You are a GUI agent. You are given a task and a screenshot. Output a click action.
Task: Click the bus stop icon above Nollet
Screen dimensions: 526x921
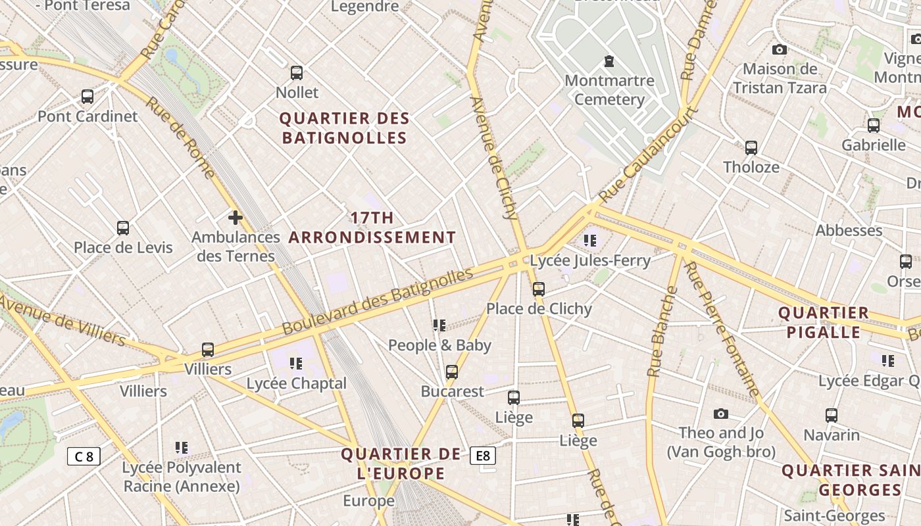coord(297,72)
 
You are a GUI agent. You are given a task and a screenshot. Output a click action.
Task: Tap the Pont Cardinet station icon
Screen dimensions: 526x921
coord(87,97)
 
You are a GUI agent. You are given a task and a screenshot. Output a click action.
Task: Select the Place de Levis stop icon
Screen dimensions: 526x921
coord(123,228)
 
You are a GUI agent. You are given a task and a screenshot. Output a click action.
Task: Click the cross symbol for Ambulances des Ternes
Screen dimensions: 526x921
coord(235,218)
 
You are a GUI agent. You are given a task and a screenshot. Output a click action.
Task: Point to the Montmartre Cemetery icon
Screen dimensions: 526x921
coord(609,61)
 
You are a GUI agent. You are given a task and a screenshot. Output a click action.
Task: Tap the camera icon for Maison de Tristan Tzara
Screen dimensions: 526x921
coord(780,49)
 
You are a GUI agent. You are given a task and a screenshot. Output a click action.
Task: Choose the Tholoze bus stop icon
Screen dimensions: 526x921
coord(751,148)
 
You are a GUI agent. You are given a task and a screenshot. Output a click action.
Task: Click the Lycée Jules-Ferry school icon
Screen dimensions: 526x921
coord(590,241)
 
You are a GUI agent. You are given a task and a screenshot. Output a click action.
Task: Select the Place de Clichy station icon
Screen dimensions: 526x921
coord(539,289)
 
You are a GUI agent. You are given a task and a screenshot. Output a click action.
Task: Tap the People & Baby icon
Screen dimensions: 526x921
coord(439,325)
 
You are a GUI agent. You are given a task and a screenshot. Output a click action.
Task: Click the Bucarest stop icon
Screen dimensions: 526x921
coord(452,372)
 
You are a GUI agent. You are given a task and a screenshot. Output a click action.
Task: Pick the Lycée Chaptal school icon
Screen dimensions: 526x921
coord(296,364)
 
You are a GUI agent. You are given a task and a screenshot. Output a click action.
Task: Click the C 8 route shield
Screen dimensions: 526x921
coord(84,456)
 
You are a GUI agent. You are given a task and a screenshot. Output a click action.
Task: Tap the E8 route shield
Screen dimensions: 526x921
coord(483,456)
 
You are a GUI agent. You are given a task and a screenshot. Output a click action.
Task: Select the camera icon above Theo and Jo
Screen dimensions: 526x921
coord(721,414)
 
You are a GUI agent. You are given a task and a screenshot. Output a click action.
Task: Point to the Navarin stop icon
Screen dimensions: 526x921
coord(832,416)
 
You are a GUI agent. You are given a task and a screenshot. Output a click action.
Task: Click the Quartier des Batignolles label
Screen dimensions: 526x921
coord(345,128)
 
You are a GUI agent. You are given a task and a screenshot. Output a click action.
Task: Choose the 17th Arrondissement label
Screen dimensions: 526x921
coord(372,227)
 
